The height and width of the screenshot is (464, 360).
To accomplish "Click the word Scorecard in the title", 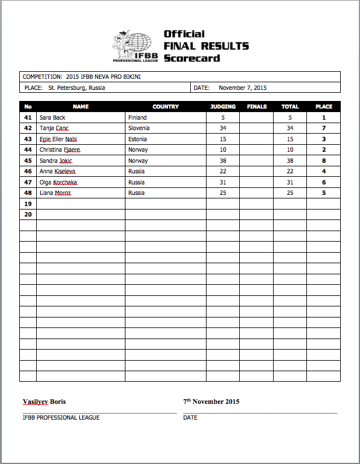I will point(191,58).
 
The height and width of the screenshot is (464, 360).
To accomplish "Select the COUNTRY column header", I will point(165,107).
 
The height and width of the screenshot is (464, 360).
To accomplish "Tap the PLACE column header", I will point(323,107).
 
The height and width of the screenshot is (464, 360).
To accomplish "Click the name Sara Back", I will point(53,117).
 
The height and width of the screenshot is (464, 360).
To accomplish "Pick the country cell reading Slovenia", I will point(139,128).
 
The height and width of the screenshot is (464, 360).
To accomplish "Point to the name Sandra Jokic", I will point(56,161).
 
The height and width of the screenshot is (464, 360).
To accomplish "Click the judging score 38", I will point(222,161).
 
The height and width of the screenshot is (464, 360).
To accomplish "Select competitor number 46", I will point(27,171).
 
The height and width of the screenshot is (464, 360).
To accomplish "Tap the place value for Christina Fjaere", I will point(323,149).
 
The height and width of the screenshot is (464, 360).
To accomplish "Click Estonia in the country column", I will point(138,139).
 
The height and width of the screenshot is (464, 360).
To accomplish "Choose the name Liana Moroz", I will point(55,193).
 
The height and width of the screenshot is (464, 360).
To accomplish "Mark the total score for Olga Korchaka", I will point(289,182).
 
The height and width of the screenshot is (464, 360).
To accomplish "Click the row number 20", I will point(27,214).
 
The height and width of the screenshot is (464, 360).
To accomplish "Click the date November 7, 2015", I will point(243,88).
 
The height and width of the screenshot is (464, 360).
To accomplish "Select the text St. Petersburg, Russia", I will point(76,88).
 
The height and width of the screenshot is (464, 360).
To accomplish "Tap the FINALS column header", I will point(257,107).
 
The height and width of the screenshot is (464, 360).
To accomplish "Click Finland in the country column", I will point(138,117).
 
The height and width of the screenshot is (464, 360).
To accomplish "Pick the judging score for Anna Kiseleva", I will point(222,171).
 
